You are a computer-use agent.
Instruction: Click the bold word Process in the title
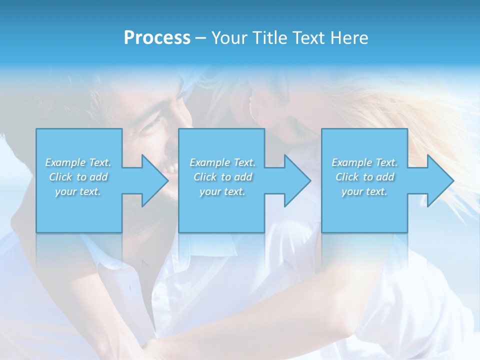157,38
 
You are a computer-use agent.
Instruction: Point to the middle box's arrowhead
296,180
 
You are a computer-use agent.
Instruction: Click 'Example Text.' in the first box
78,162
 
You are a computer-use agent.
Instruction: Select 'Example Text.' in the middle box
222,162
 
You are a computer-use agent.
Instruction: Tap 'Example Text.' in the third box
364,162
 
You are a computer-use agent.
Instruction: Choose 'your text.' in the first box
78,191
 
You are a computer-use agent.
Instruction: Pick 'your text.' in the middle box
222,191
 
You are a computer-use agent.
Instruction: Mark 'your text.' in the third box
364,191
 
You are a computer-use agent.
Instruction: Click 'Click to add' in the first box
78,177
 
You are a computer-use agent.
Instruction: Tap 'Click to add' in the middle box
222,177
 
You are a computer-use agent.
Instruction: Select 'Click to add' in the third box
364,177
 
